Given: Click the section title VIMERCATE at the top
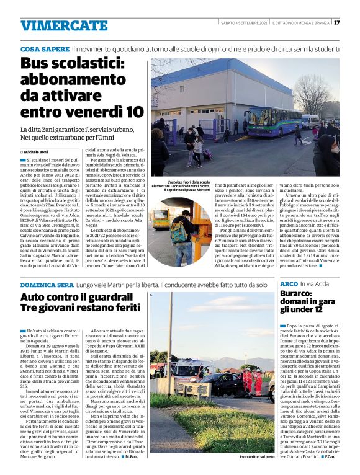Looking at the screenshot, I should point(64,25).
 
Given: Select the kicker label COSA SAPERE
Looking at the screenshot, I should point(44,48).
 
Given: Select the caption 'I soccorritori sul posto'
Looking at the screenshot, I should point(256,457).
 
